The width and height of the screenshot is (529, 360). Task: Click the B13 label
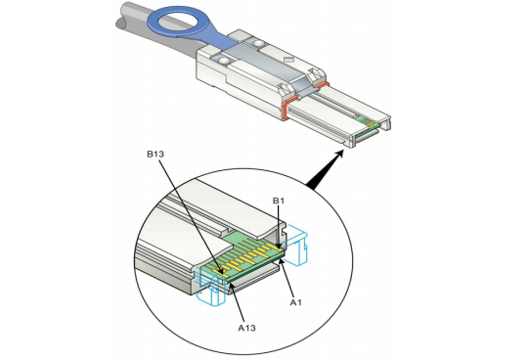(x=155, y=155)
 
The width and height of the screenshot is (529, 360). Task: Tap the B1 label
(x=279, y=201)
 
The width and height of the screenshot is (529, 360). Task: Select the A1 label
(x=296, y=302)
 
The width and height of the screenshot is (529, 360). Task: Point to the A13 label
(x=246, y=328)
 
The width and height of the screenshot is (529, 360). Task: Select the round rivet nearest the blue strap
(x=259, y=43)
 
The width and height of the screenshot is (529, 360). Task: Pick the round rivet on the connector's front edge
(x=224, y=61)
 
